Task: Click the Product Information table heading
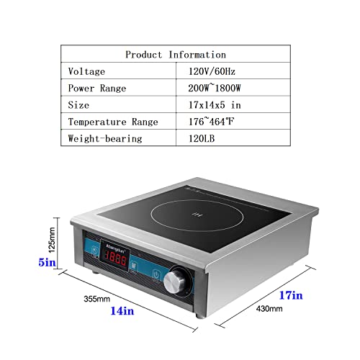[176, 55]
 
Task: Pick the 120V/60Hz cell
[212, 72]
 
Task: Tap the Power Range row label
[97, 89]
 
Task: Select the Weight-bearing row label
[104, 138]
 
